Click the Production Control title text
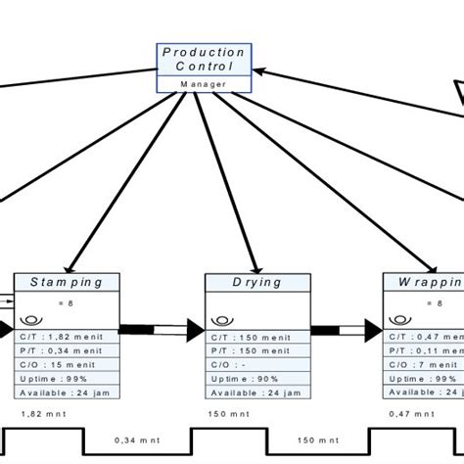(204, 59)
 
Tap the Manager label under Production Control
(204, 84)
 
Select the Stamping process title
(67, 282)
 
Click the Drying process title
(257, 282)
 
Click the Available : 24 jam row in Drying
(256, 393)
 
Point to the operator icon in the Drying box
(218, 320)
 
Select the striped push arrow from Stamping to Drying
(162, 329)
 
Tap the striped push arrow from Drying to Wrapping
(347, 329)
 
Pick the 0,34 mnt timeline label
(135, 440)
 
